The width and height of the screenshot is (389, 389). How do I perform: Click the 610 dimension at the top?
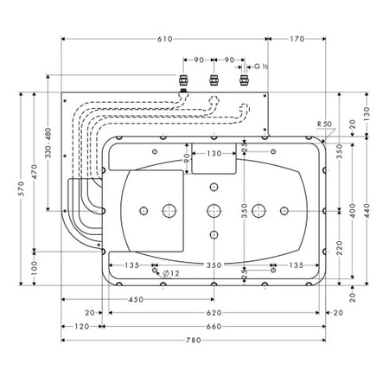[165, 39]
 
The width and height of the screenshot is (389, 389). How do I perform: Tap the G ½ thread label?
[260, 66]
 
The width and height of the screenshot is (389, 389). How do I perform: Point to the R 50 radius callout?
[325, 124]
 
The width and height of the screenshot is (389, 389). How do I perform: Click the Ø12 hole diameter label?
[171, 273]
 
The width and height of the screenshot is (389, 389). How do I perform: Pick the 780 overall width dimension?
[194, 340]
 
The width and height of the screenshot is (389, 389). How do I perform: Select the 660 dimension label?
[214, 327]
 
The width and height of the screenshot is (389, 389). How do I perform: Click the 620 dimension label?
[214, 313]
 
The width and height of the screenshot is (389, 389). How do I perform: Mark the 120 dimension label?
[81, 327]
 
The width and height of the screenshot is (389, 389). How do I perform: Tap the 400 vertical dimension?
[354, 210]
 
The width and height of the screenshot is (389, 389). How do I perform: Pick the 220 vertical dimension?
[340, 246]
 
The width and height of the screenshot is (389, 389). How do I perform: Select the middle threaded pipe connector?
[213, 81]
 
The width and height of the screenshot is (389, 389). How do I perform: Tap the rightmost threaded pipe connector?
[244, 81]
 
